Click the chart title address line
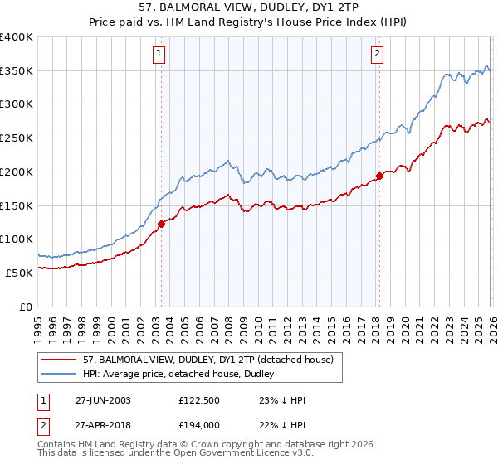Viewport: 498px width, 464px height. (249, 7)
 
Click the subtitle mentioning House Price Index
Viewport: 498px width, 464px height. (249, 22)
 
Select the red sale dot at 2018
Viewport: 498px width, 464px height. (379, 175)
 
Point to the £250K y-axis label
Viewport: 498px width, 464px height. (17, 138)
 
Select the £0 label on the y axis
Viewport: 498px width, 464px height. (27, 306)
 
